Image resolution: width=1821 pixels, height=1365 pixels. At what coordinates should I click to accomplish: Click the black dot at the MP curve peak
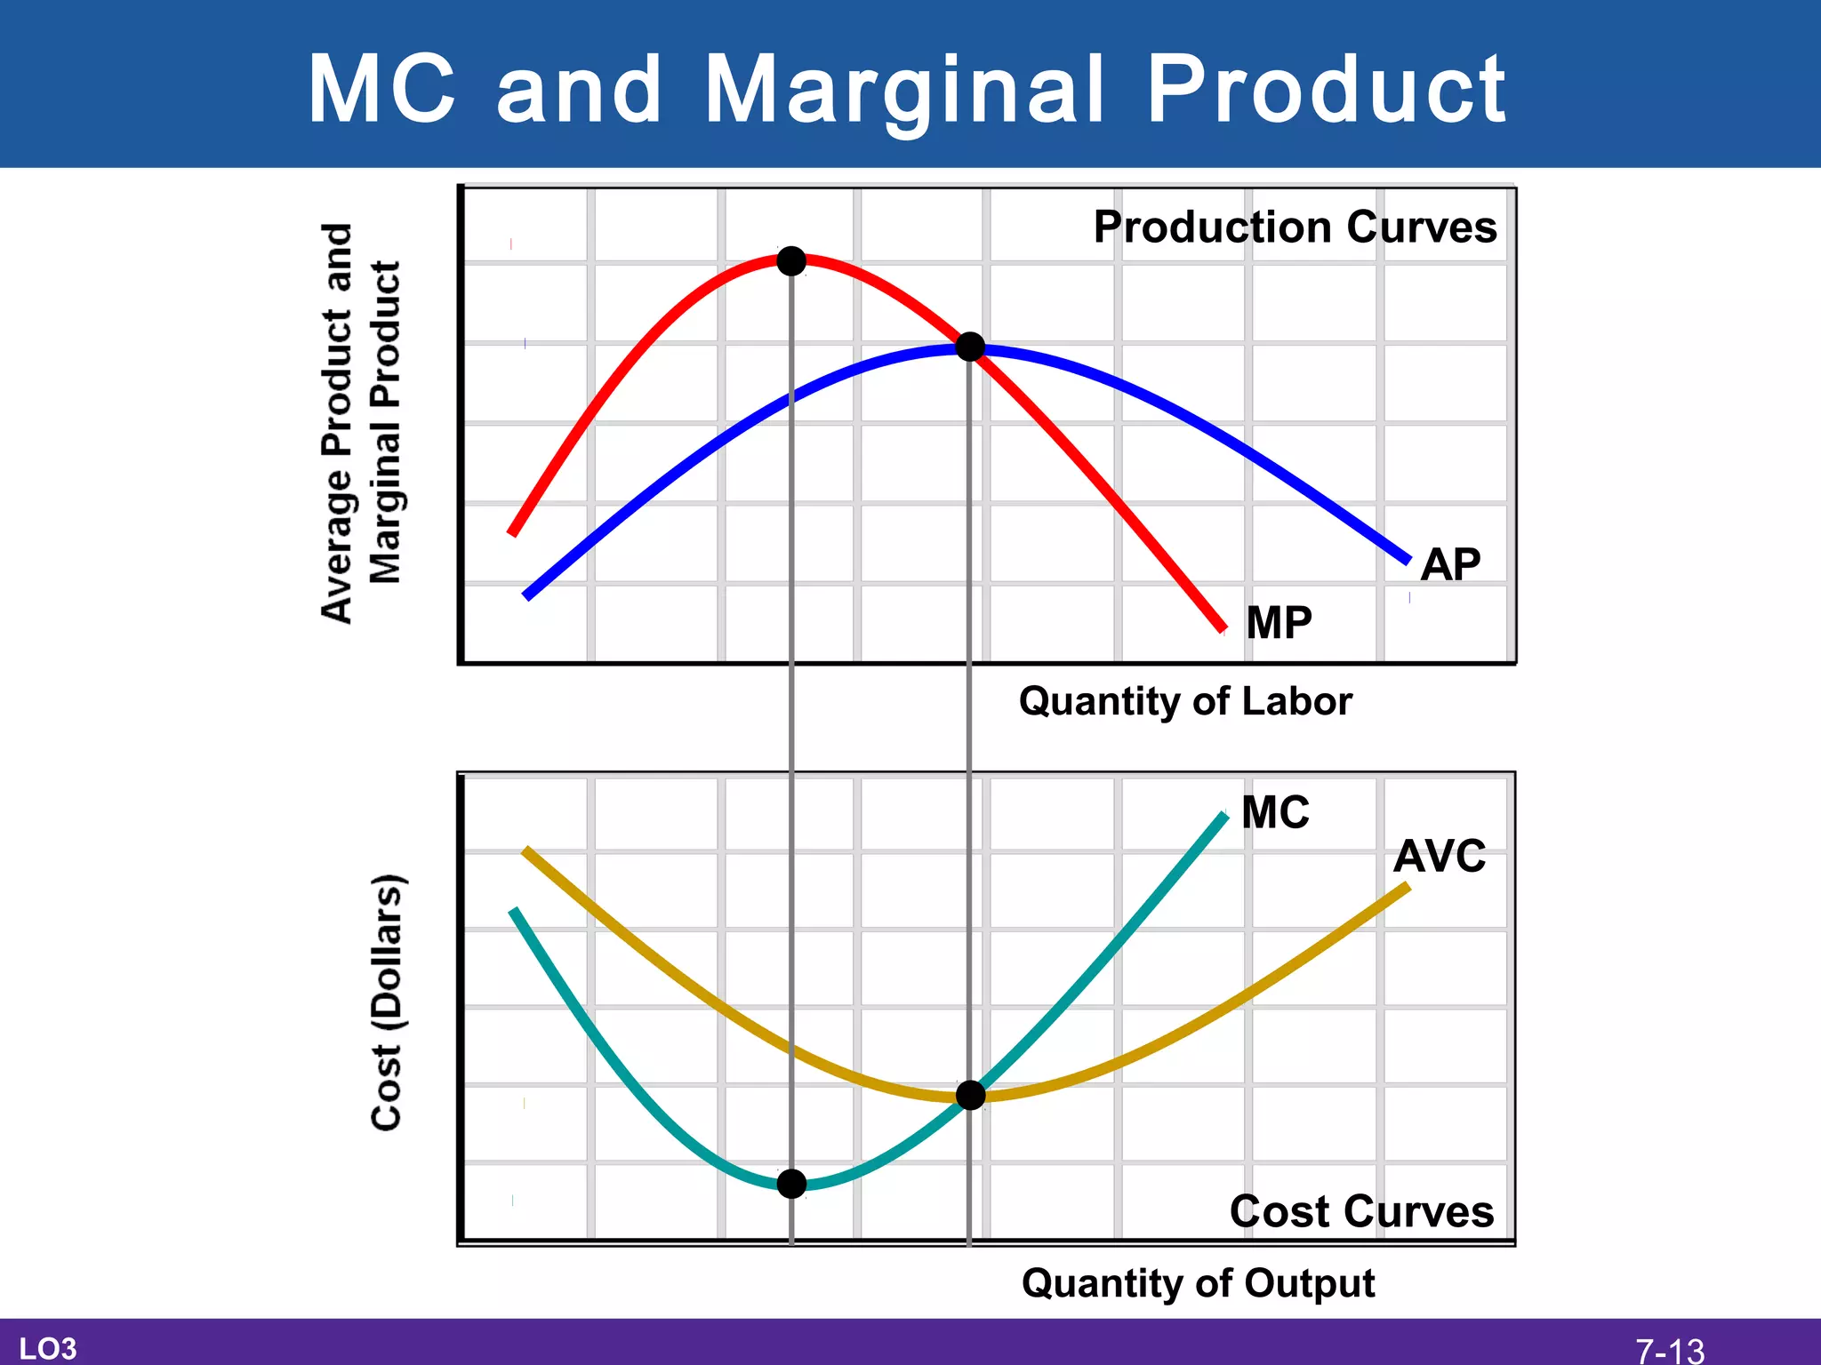click(x=791, y=261)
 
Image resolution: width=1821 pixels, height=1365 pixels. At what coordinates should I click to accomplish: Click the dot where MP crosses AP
click(x=970, y=347)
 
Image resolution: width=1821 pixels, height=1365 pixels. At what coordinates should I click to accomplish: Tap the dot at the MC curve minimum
click(x=791, y=1184)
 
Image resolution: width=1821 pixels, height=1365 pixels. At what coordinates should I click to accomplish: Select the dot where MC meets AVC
click(x=970, y=1096)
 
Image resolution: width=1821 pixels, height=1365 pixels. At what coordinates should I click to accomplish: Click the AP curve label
click(x=1450, y=564)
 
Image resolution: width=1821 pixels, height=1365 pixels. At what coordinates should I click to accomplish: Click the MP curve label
click(x=1279, y=622)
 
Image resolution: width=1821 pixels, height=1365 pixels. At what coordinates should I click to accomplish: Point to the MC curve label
click(x=1275, y=812)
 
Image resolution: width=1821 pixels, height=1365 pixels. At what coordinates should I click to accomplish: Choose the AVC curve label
click(x=1440, y=857)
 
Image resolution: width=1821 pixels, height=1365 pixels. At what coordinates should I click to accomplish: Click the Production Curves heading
click(x=1295, y=227)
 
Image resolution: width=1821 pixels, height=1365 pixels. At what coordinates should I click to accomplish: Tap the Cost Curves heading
click(x=1361, y=1211)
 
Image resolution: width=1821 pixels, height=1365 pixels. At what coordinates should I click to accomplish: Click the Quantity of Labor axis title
click(x=1185, y=701)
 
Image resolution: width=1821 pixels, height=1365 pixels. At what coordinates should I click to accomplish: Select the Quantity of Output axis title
click(x=1198, y=1283)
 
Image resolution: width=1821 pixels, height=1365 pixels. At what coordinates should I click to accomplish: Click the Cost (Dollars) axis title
click(x=388, y=1002)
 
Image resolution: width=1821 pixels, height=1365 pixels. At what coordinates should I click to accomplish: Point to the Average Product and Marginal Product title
click(x=361, y=423)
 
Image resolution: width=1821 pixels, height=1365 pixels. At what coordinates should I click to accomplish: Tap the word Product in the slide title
click(x=1326, y=89)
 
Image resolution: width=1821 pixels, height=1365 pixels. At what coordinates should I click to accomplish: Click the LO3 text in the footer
click(x=48, y=1349)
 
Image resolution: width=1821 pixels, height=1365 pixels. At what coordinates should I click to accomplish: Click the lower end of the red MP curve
click(x=1223, y=628)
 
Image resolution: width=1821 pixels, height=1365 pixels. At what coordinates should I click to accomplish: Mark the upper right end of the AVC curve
click(x=1407, y=886)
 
